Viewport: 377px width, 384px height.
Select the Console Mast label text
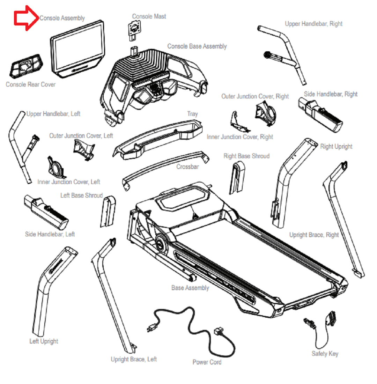point(149,16)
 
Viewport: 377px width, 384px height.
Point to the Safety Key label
point(325,354)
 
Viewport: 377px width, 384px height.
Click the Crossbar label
point(187,167)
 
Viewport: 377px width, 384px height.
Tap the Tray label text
point(192,114)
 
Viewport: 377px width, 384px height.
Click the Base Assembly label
point(190,288)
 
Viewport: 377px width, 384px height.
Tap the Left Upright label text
point(44,341)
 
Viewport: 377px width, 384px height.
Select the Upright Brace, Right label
point(314,235)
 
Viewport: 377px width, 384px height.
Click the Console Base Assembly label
point(197,46)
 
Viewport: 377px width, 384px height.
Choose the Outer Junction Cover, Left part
point(83,148)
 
